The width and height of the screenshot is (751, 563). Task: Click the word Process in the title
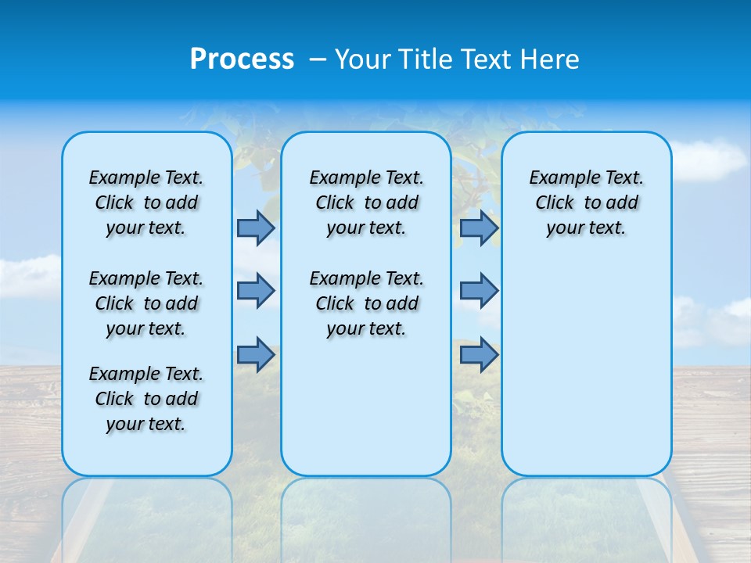point(242,59)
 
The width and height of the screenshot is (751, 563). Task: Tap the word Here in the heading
point(551,59)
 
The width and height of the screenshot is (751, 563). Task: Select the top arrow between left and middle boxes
point(256,228)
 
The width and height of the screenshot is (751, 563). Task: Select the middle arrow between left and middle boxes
point(256,291)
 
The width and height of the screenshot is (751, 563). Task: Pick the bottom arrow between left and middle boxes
point(256,355)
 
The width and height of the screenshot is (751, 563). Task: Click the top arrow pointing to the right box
point(479,228)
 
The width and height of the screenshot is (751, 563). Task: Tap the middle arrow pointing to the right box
point(479,291)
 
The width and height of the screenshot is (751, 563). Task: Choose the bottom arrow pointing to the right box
point(479,355)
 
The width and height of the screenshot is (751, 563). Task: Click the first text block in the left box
point(146,203)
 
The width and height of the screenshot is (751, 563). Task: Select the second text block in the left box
point(146,303)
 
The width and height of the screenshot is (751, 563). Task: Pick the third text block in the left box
point(146,399)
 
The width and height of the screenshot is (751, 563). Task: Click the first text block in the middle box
point(366,203)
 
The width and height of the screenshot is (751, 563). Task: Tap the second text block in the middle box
point(366,303)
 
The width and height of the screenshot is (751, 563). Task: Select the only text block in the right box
point(587,203)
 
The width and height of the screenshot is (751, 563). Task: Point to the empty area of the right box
point(587,360)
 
